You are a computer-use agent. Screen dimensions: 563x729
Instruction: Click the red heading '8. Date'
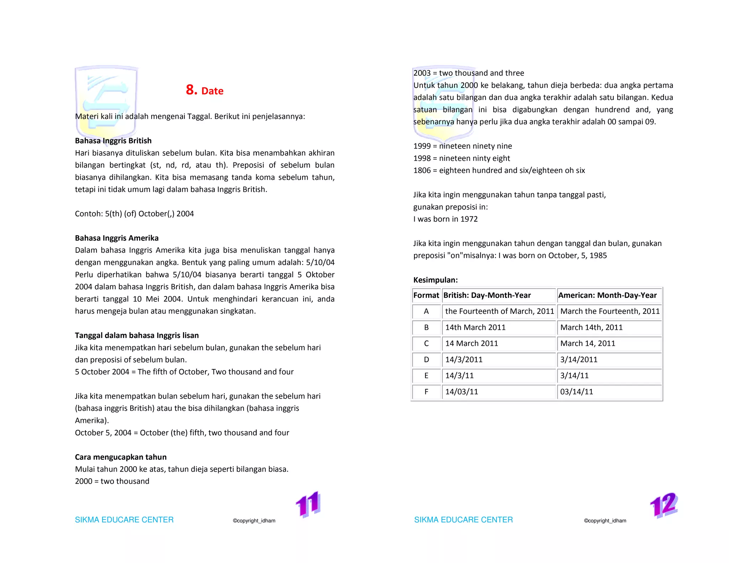[205, 90]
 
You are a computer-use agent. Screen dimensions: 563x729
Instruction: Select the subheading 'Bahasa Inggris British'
[113, 141]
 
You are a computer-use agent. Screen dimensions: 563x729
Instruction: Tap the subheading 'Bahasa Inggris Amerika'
[117, 238]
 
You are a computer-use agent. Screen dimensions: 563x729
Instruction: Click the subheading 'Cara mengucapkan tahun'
[121, 457]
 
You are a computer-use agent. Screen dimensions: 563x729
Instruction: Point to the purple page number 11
[308, 504]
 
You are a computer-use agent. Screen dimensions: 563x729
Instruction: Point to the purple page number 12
[664, 505]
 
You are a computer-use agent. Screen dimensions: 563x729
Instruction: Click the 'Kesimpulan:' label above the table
[435, 280]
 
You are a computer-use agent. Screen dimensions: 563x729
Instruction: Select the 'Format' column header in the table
[426, 295]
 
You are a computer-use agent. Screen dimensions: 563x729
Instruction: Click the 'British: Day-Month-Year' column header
[487, 295]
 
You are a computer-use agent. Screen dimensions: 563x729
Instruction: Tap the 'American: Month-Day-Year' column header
[607, 295]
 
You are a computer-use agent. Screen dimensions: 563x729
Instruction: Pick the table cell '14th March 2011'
[475, 327]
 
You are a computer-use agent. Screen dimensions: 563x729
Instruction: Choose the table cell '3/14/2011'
[579, 359]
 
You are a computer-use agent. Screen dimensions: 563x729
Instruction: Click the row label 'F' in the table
[426, 392]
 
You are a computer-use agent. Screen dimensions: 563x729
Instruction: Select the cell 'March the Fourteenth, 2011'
[610, 311]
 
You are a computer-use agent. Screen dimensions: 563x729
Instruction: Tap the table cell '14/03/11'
[462, 392]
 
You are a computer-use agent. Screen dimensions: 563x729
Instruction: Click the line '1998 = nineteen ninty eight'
[462, 158]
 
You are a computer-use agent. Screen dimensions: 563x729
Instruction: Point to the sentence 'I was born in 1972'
[445, 219]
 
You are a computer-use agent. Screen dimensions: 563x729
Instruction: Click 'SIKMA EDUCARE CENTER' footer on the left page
[124, 520]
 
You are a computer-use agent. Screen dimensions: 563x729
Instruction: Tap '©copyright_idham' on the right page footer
[605, 521]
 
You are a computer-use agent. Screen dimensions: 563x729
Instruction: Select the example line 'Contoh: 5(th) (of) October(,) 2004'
[134, 214]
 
